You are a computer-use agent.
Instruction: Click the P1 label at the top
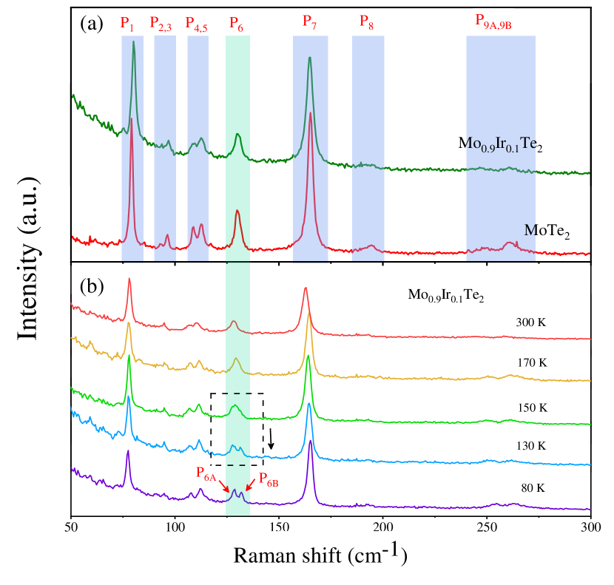click(x=128, y=23)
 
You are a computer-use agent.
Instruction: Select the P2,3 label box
click(x=161, y=23)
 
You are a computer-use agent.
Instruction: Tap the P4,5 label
click(x=196, y=23)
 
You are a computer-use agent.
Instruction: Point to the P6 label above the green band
click(x=237, y=23)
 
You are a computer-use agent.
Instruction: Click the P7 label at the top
click(x=310, y=22)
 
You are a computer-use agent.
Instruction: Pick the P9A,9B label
click(x=493, y=22)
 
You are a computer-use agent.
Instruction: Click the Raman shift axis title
click(x=320, y=555)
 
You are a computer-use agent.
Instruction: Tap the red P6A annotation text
click(x=206, y=474)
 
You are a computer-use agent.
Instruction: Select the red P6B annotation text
click(x=269, y=474)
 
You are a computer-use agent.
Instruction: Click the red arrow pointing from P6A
click(x=224, y=485)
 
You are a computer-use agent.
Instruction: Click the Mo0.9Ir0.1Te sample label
click(x=497, y=143)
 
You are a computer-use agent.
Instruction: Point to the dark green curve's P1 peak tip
click(x=133, y=42)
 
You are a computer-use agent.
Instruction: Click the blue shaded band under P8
click(x=368, y=148)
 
